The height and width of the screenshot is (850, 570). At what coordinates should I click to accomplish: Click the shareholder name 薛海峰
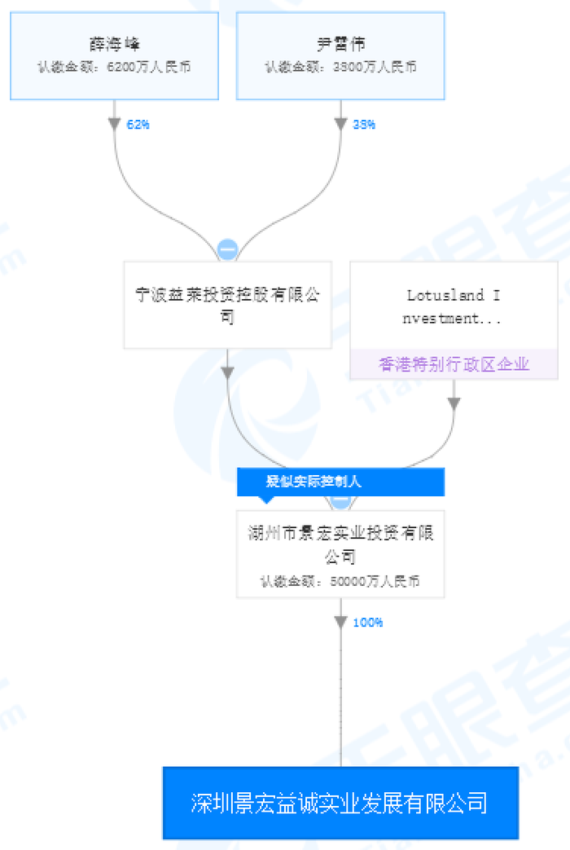coord(114,44)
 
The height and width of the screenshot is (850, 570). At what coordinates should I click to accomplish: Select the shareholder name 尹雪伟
coord(340,44)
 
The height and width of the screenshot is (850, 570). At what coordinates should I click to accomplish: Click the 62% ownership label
coord(138,125)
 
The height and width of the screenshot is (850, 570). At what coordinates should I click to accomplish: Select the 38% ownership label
coord(364,125)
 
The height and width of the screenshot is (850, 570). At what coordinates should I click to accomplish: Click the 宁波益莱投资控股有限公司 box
coord(227,305)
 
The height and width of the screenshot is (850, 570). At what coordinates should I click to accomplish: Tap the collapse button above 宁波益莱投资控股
coord(227,249)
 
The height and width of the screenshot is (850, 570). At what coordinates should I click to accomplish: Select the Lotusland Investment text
coord(454,306)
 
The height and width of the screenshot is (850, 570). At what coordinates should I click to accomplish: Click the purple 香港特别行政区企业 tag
coord(454,364)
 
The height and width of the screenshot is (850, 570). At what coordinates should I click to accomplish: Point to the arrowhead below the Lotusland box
coord(454,403)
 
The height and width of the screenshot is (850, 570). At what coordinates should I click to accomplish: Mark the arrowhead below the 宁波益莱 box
coord(228,372)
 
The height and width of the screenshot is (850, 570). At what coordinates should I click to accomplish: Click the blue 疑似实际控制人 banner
coord(340,482)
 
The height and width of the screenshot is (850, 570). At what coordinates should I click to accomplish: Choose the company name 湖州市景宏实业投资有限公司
coord(340,544)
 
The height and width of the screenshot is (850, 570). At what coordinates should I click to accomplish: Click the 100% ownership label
coord(367,623)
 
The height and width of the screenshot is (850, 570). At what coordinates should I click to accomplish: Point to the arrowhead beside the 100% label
coord(340,623)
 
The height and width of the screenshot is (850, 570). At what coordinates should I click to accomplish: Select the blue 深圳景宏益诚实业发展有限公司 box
coord(340,803)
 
